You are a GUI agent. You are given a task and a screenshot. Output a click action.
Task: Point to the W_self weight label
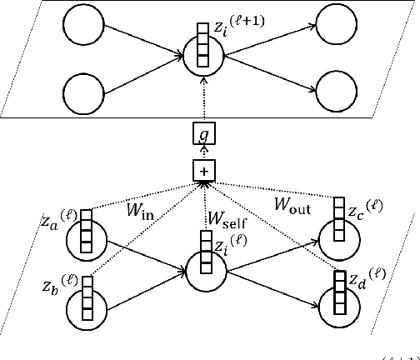pos(225,222)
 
